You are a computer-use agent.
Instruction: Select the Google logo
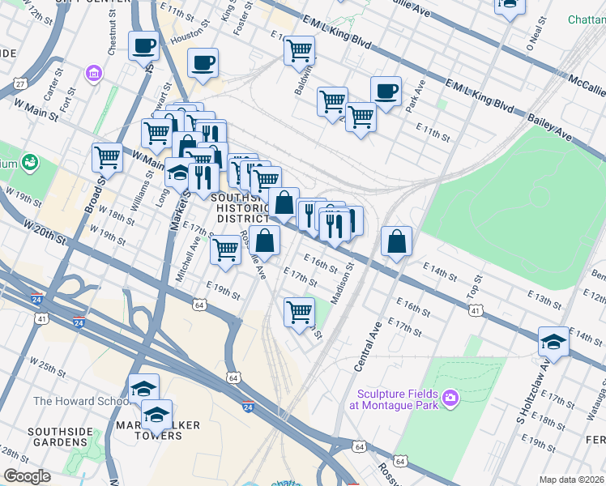pyautogui.click(x=28, y=476)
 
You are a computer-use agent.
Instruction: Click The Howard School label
pyautogui.click(x=79, y=401)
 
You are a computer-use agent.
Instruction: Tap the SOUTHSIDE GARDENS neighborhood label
pyautogui.click(x=61, y=437)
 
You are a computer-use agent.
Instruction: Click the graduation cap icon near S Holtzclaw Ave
pyautogui.click(x=553, y=340)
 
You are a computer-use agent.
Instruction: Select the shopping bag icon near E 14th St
pyautogui.click(x=396, y=241)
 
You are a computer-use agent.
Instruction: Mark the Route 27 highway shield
pyautogui.click(x=20, y=84)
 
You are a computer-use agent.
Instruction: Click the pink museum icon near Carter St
pyautogui.click(x=95, y=75)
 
